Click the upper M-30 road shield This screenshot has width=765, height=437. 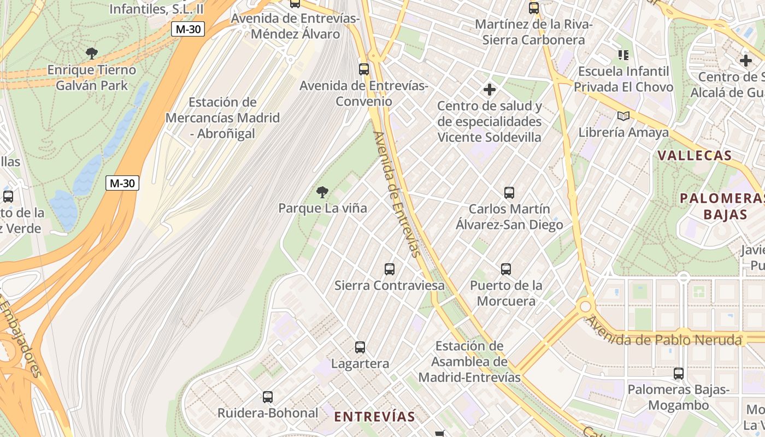click(x=187, y=29)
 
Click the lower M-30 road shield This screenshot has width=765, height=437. click(x=122, y=183)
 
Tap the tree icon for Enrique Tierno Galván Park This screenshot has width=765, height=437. click(x=92, y=53)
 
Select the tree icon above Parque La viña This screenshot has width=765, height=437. click(x=322, y=192)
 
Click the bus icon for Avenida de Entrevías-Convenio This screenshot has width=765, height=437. click(x=364, y=69)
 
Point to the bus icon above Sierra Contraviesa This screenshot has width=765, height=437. click(x=390, y=269)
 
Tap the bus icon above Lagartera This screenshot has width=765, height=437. click(x=360, y=347)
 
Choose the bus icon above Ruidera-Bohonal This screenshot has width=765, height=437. click(x=268, y=397)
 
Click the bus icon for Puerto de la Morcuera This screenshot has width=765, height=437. click(x=506, y=269)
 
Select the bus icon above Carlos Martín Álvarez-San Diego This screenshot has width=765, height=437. click(x=509, y=192)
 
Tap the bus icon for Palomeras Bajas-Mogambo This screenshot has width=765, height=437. click(x=679, y=374)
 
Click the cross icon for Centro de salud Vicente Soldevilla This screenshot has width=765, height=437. click(x=490, y=89)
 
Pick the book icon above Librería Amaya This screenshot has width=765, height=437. click(x=623, y=116)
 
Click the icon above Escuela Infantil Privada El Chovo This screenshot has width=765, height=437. click(x=623, y=55)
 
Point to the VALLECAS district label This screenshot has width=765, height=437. click(x=695, y=156)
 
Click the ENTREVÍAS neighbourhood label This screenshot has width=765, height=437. click(x=374, y=417)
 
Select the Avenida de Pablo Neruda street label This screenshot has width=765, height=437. click(x=664, y=334)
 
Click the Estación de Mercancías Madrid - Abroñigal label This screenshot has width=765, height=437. click(x=222, y=118)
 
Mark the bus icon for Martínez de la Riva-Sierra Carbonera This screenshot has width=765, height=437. click(x=534, y=8)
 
